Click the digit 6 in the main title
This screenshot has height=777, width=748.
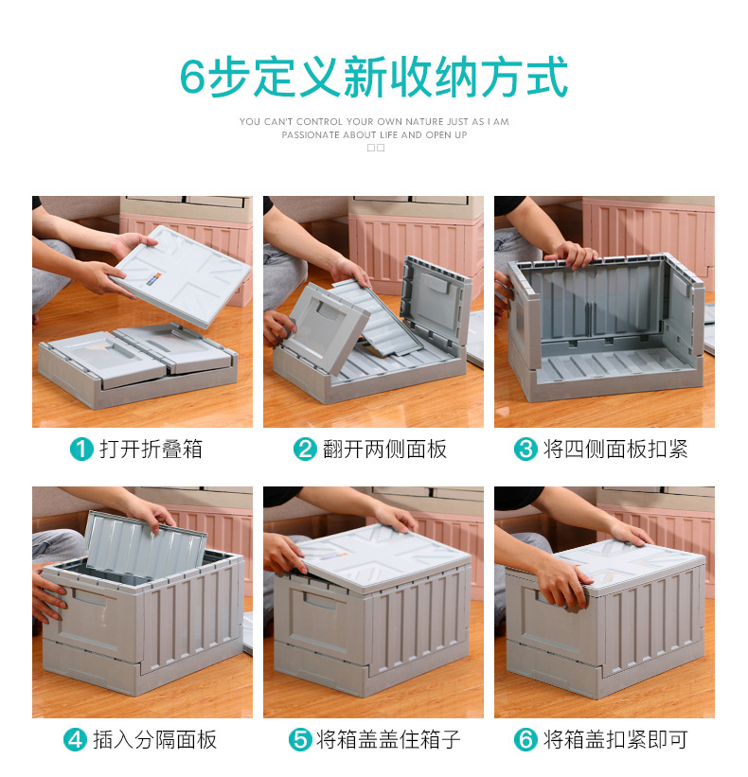pyautogui.click(x=192, y=79)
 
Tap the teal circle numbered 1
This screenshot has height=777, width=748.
pyautogui.click(x=82, y=449)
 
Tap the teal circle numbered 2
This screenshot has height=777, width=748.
pyautogui.click(x=305, y=449)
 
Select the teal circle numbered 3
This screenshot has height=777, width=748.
pyautogui.click(x=525, y=449)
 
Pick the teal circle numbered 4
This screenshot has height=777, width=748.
pyautogui.click(x=76, y=739)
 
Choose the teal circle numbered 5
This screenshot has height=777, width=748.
pyautogui.click(x=300, y=739)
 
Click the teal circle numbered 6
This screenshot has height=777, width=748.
pyautogui.click(x=525, y=739)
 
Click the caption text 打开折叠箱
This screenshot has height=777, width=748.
pyautogui.click(x=151, y=449)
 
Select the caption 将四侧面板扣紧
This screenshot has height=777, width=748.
pyautogui.click(x=614, y=449)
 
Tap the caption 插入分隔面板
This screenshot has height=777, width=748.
pyautogui.click(x=154, y=739)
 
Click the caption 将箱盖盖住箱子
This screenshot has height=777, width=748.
pyautogui.click(x=388, y=739)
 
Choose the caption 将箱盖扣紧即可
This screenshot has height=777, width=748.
pyautogui.click(x=614, y=739)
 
